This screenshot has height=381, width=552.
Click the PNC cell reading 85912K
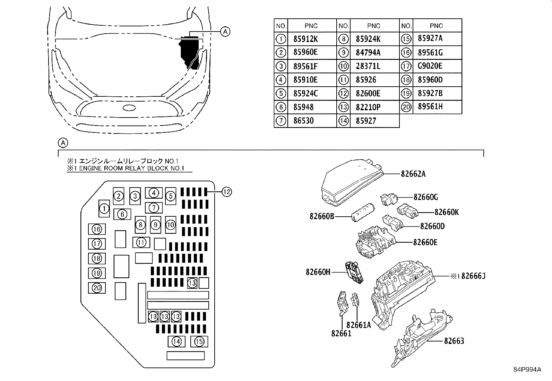tap(305, 39)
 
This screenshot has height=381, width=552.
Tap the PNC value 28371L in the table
tap(368, 66)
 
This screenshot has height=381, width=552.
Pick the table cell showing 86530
tap(303, 121)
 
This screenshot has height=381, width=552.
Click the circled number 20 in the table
tap(406, 107)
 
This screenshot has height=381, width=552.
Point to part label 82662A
tap(413, 174)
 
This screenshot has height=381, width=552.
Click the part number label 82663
tap(454, 341)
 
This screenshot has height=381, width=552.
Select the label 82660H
tap(318, 272)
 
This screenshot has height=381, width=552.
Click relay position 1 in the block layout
tap(104, 209)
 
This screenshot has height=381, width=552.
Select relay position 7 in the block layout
tap(154, 208)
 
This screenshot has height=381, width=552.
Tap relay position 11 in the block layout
tap(141, 242)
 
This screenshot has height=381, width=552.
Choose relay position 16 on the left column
tap(97, 229)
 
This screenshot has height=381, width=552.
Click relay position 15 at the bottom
tap(199, 341)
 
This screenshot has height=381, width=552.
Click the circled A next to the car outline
tap(225, 32)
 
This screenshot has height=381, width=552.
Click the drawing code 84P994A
tap(527, 369)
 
